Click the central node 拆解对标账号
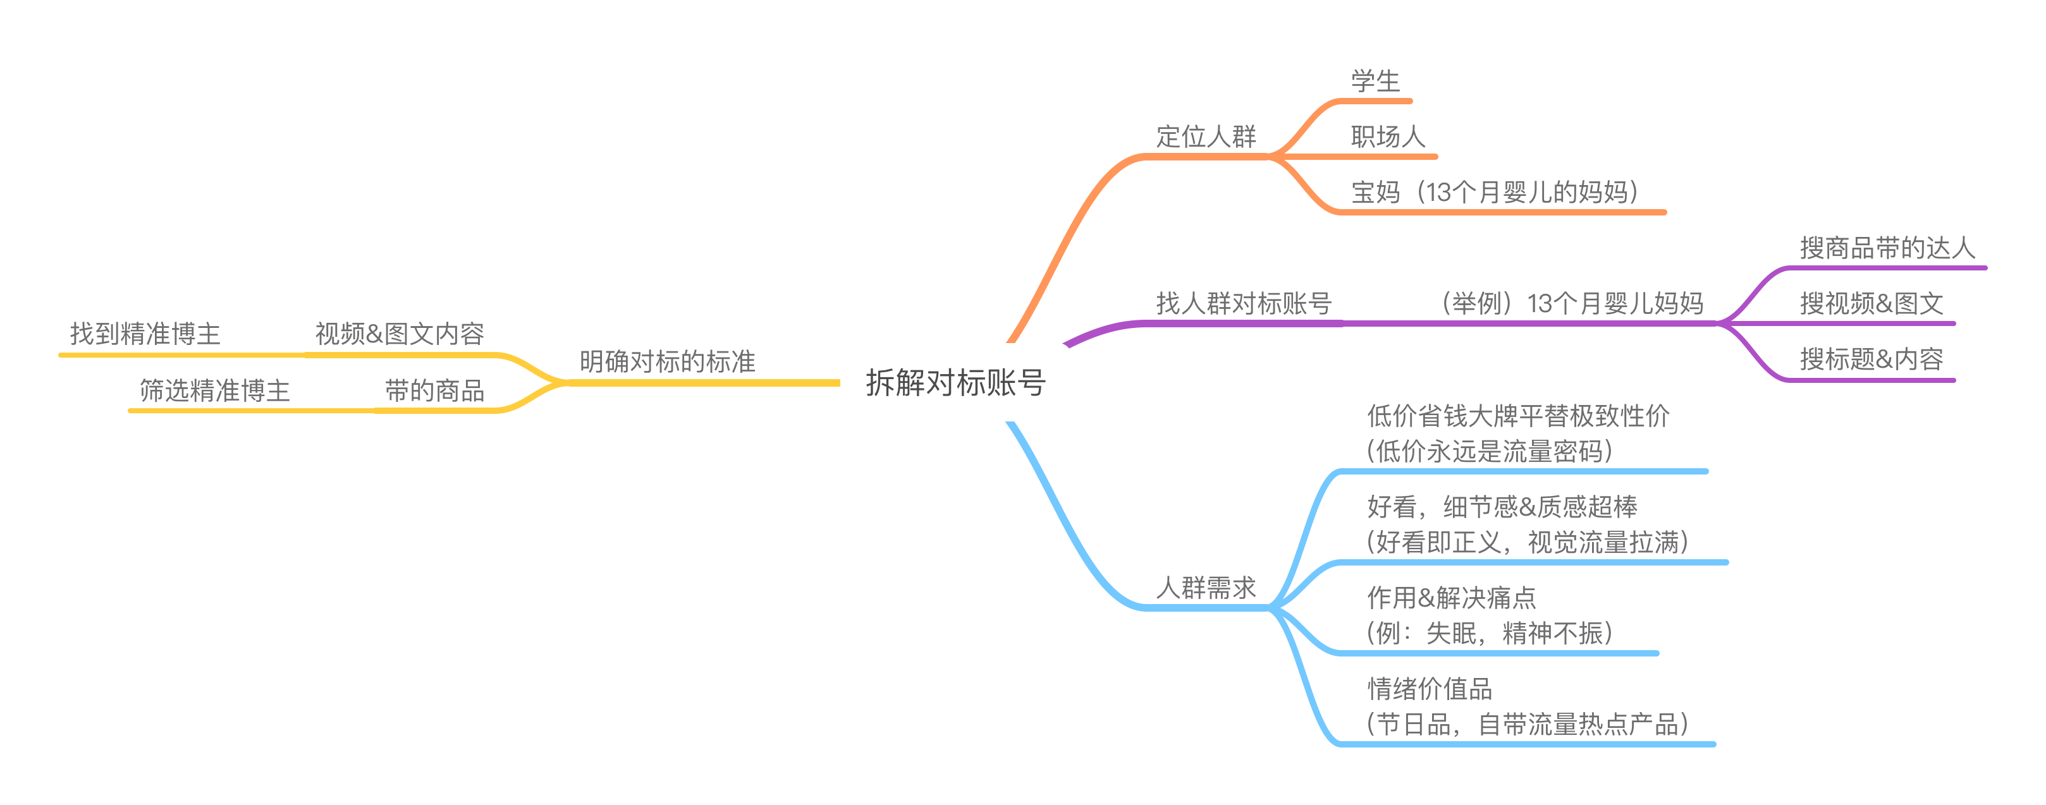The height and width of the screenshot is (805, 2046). [955, 383]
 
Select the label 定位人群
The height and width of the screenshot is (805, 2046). [1206, 136]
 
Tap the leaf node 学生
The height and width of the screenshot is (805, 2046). [1376, 81]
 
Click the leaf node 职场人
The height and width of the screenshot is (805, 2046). [1388, 136]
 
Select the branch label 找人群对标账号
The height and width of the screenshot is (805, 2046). [1243, 303]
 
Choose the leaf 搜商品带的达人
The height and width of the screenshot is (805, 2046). [1887, 248]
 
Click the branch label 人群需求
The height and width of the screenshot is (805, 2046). [1206, 588]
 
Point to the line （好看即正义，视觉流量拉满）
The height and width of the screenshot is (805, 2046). [1526, 542]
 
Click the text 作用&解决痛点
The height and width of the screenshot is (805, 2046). [1451, 597]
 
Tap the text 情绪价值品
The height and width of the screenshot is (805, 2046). [1430, 688]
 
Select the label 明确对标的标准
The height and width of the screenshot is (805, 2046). [667, 362]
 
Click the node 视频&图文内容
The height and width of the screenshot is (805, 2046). [400, 334]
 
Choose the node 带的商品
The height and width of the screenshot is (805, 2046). [434, 390]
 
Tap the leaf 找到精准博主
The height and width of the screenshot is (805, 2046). [145, 334]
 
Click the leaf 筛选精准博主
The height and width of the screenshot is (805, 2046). [214, 390]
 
